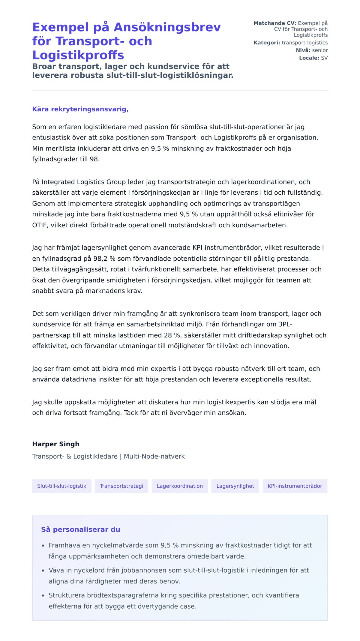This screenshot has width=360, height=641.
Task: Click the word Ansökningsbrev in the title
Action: click(167, 27)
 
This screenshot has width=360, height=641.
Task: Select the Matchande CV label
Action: click(274, 23)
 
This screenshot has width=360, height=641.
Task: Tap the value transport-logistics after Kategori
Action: click(304, 43)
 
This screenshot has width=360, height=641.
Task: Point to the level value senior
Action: click(320, 50)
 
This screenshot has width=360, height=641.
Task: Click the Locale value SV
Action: click(324, 58)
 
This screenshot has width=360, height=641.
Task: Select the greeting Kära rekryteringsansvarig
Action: click(80, 109)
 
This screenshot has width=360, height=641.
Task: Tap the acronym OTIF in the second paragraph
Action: click(40, 225)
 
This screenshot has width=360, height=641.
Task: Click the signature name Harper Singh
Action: click(56, 444)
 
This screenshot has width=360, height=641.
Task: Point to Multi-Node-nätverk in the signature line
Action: click(154, 456)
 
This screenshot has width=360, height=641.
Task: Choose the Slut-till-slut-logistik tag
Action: click(62, 486)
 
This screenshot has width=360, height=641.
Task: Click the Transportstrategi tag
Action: click(121, 486)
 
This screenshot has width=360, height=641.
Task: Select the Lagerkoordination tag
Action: click(180, 486)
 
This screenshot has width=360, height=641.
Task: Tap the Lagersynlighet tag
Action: click(235, 486)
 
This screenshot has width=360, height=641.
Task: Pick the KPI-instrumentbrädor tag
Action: click(295, 486)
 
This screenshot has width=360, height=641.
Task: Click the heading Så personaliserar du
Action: click(81, 529)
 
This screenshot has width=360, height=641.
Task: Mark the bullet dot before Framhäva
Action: click(43, 546)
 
